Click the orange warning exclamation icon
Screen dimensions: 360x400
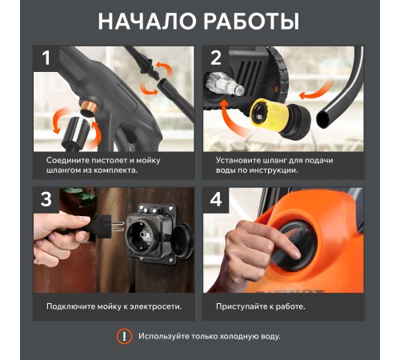coord(124,336)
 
